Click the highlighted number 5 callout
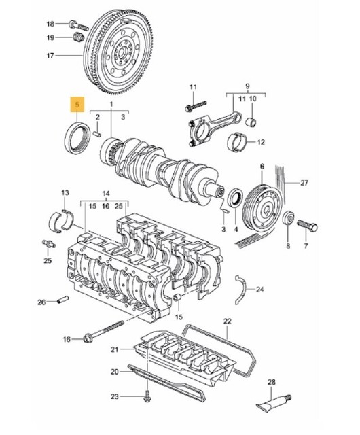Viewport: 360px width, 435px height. coord(79,105)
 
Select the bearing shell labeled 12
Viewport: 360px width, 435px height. coord(237,141)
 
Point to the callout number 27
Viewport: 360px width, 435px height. coord(304,183)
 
